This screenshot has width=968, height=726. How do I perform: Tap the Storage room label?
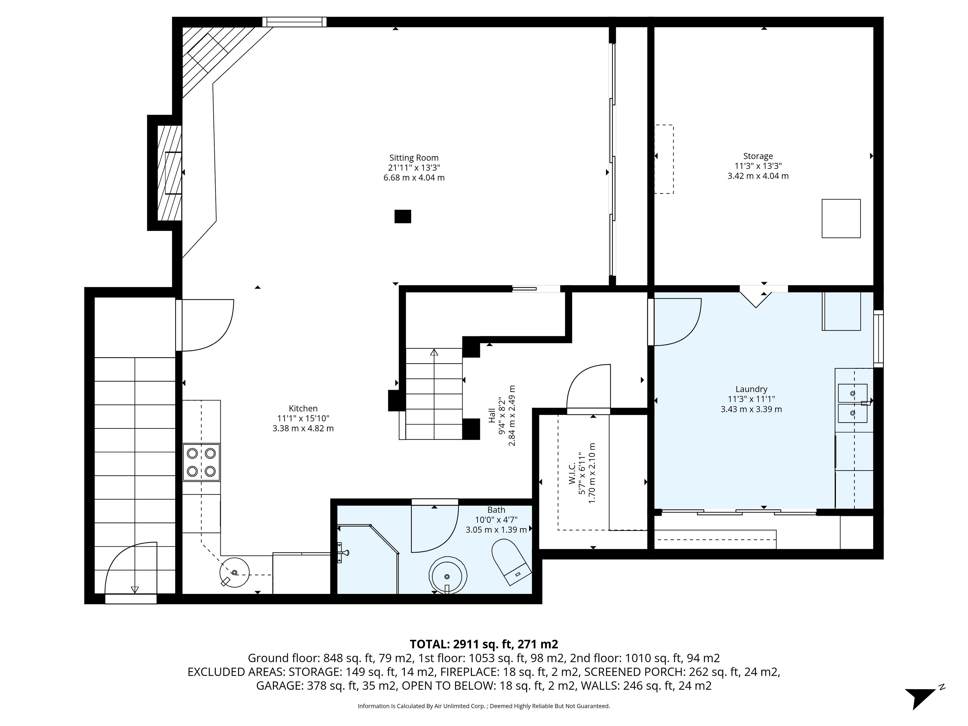tap(758, 156)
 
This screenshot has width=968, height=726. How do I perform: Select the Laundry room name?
tap(751, 389)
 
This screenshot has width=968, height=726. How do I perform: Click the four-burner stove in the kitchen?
tap(201, 462)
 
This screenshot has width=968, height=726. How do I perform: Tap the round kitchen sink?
tap(234, 572)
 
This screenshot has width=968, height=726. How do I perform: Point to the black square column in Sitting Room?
tap(403, 217)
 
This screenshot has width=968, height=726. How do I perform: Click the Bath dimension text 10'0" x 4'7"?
tap(496, 520)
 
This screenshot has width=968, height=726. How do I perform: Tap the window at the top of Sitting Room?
tap(294, 22)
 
